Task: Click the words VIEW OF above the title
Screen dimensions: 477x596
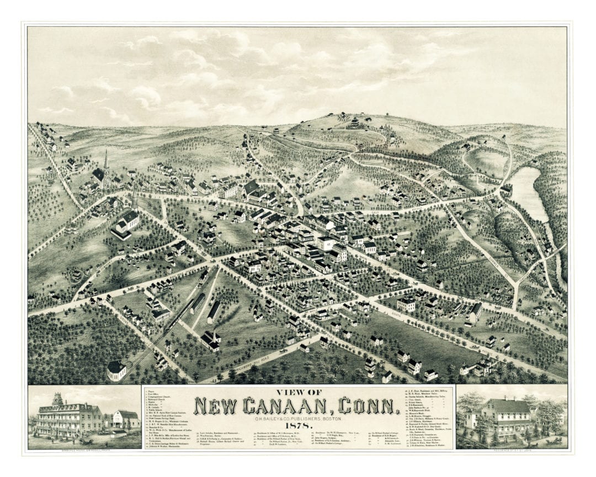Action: pos(298,392)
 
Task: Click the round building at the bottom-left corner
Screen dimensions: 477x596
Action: pos(116,370)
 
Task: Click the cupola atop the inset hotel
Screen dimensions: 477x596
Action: pos(58,399)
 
